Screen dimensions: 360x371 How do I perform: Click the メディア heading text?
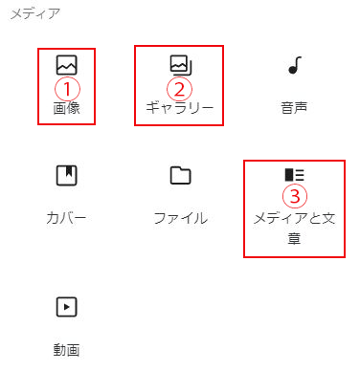[35, 14]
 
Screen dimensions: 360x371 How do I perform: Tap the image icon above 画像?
[67, 65]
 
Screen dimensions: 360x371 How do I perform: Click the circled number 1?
[67, 89]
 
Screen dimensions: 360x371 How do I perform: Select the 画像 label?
[66, 108]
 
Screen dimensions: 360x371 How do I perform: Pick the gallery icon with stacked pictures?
[181, 65]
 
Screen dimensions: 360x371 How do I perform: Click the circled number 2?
[179, 89]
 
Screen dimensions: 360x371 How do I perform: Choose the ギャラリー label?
[180, 108]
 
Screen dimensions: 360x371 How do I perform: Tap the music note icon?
[295, 65]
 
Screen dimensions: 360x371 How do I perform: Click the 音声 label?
[294, 108]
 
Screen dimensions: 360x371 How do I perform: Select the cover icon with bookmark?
[67, 175]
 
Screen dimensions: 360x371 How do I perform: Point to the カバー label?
[66, 218]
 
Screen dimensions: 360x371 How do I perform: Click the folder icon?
[181, 175]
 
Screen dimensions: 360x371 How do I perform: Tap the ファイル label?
[181, 218]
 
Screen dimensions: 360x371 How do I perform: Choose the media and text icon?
[295, 175]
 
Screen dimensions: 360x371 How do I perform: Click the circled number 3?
[295, 196]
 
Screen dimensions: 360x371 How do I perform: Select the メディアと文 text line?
[294, 218]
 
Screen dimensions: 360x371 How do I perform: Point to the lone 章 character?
[294, 238]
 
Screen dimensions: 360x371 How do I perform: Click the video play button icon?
[67, 307]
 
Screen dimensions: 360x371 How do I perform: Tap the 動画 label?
[66, 350]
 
